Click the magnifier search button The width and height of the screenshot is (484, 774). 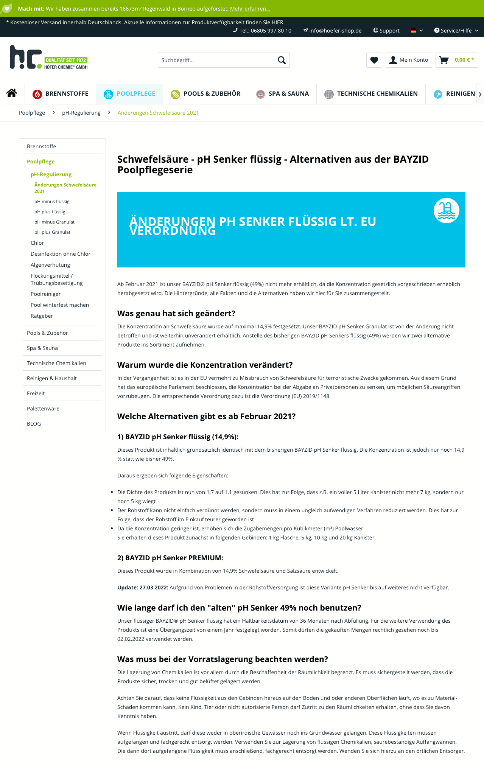pyautogui.click(x=282, y=60)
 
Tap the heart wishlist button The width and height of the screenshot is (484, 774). pyautogui.click(x=374, y=60)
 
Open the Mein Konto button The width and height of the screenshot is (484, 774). pyautogui.click(x=409, y=60)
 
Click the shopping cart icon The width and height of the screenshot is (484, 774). pyautogui.click(x=444, y=60)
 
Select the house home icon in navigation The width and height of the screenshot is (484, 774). pyautogui.click(x=12, y=93)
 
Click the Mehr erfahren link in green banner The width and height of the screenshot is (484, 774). pyautogui.click(x=250, y=9)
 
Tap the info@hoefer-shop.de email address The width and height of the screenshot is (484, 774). pyautogui.click(x=335, y=31)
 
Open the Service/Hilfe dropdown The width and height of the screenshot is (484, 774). pyautogui.click(x=456, y=31)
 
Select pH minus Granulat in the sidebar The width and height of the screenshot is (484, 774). pyautogui.click(x=54, y=222)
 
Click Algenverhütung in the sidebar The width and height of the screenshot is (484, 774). pyautogui.click(x=50, y=265)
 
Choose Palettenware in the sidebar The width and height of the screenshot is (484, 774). pyautogui.click(x=43, y=409)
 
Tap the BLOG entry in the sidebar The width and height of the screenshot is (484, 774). pyautogui.click(x=34, y=424)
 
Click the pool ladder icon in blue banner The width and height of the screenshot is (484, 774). pyautogui.click(x=446, y=210)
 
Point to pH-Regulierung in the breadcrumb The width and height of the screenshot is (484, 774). pyautogui.click(x=81, y=113)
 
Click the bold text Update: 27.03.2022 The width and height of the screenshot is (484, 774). pyautogui.click(x=142, y=587)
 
